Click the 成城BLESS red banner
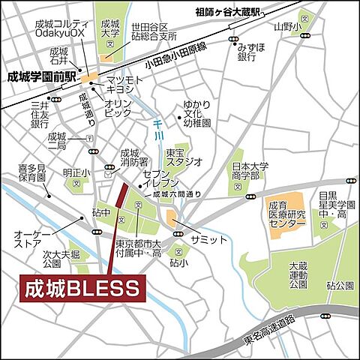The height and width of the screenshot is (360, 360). click(81, 288)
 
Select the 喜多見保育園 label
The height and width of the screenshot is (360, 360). click(33, 174)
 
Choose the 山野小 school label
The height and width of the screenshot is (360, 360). click(286, 27)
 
